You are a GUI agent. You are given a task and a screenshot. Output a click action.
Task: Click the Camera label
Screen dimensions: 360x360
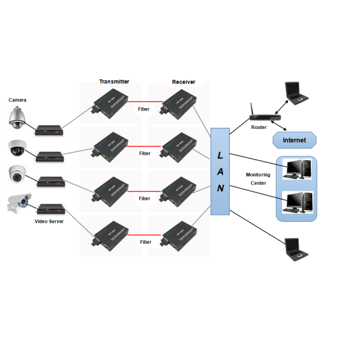(x=17, y=100)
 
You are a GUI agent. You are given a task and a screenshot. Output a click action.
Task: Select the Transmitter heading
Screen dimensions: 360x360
(x=114, y=82)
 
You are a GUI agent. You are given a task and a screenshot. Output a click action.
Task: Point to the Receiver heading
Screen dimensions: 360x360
(x=184, y=82)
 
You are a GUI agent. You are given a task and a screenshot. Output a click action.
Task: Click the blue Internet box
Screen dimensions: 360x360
(x=294, y=140)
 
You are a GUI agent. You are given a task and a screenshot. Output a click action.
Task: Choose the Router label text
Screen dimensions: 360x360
(x=259, y=127)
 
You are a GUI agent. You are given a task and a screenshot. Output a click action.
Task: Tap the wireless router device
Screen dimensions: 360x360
(x=263, y=115)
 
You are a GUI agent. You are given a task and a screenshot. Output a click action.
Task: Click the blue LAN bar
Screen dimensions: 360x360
(x=220, y=171)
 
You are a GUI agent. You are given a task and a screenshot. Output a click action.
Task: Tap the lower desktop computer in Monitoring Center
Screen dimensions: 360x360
(x=298, y=202)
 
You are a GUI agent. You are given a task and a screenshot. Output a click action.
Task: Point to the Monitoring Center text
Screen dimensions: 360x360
(x=258, y=179)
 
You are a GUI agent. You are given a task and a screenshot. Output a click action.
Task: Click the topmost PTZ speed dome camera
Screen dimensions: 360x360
(x=17, y=118)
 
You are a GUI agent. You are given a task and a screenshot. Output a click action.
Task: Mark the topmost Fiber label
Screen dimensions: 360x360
(x=144, y=109)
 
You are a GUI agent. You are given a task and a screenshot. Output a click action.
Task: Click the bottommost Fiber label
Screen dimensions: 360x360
(x=145, y=242)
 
